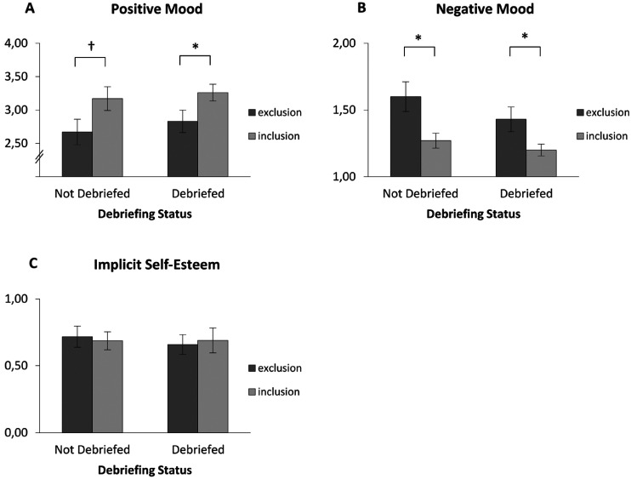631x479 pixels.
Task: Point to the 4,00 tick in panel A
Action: coord(18,43)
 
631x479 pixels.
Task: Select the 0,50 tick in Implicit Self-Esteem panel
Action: coord(18,366)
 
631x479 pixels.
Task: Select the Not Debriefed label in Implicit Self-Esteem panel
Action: coord(92,449)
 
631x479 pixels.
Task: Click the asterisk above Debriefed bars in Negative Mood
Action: coord(525,37)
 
